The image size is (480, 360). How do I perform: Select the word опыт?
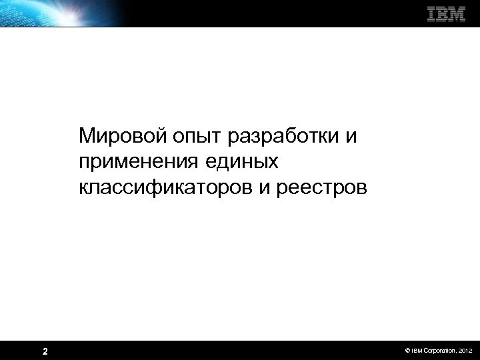190,138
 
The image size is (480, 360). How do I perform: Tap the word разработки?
284,137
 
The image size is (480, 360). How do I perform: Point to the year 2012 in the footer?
465,350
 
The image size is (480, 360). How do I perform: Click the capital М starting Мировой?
87,137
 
